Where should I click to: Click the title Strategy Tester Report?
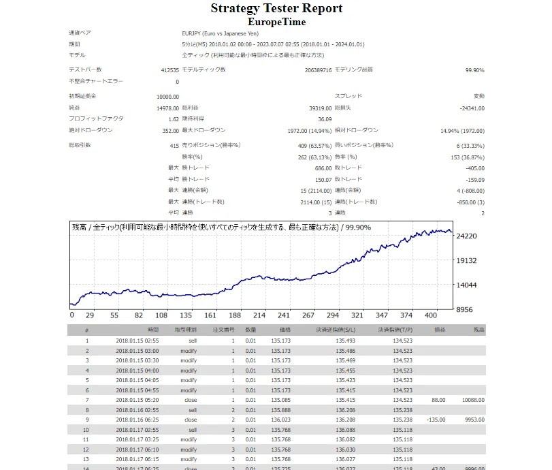[276, 9]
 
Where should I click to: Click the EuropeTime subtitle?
[276, 22]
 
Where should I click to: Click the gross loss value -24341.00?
[469, 108]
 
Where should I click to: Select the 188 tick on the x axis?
[235, 316]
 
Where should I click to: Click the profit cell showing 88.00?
[438, 399]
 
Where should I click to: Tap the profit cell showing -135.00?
[436, 421]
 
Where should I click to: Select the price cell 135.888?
[281, 410]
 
